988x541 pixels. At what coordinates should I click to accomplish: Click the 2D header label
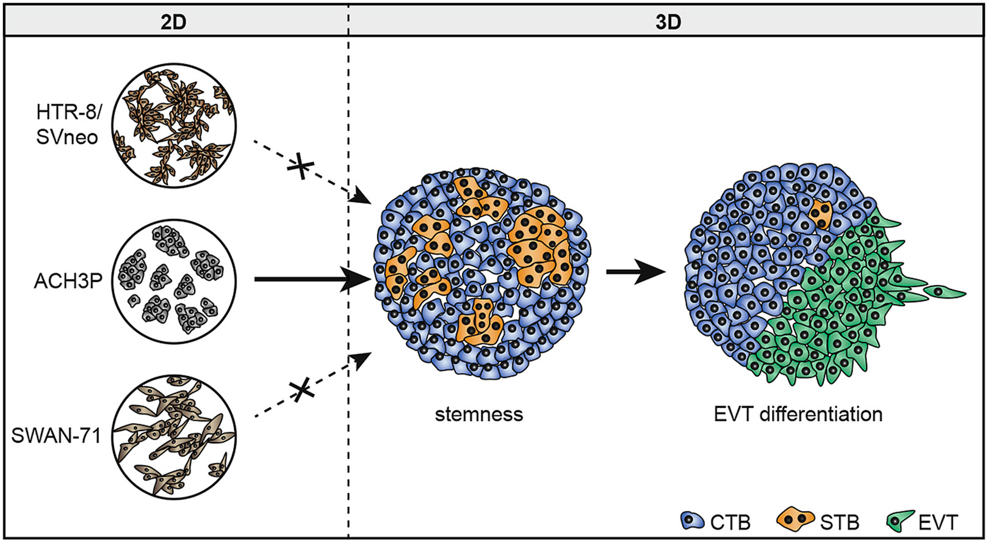(173, 22)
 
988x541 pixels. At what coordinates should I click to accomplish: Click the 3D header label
(668, 22)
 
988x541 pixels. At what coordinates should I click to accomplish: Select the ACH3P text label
(68, 281)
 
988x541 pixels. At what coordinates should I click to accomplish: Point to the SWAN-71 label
(56, 436)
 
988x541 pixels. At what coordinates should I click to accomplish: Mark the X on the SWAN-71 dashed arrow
(299, 390)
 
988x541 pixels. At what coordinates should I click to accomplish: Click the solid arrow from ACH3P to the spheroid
(311, 280)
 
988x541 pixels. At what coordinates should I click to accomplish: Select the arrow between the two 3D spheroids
(635, 273)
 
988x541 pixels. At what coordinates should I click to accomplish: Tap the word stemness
(479, 415)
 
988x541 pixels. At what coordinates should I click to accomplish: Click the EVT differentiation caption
(798, 415)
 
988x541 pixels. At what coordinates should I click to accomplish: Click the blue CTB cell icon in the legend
(693, 521)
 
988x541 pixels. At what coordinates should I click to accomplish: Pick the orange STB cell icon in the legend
(795, 520)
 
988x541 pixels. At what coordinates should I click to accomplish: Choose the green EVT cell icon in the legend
(898, 521)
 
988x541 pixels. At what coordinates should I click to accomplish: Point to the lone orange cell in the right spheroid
(821, 214)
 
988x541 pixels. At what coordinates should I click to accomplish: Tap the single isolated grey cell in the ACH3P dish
(134, 300)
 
